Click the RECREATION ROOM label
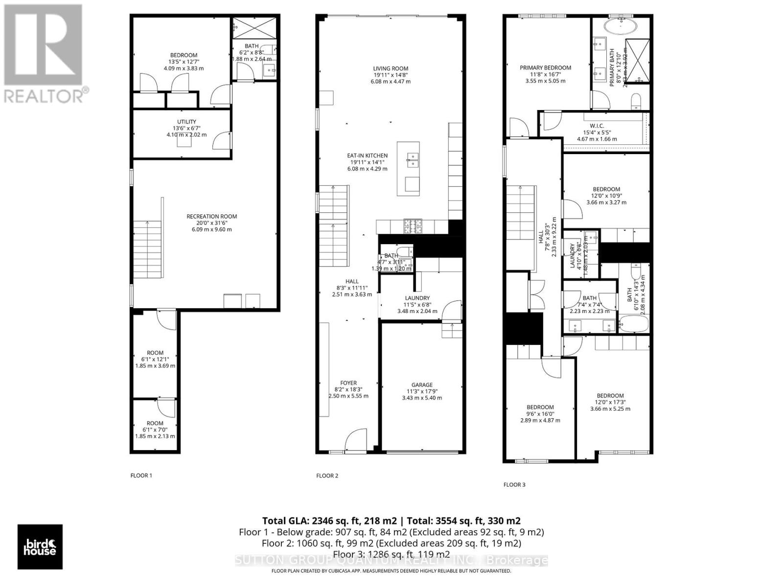coord(211,217)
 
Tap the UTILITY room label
coord(186,122)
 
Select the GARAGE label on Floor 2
coord(421,385)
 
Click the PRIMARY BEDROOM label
coord(545,68)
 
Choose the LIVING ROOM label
coord(390,69)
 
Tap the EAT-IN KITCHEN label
coord(367,156)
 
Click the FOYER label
coord(348,383)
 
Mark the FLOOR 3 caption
coord(514,485)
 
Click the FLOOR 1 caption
coord(141,475)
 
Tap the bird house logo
coord(40,547)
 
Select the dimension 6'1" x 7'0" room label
coord(155,430)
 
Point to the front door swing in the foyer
coord(355,440)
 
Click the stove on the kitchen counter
coord(413,226)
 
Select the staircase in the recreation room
coord(147,249)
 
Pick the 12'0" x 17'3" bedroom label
coord(610,396)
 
